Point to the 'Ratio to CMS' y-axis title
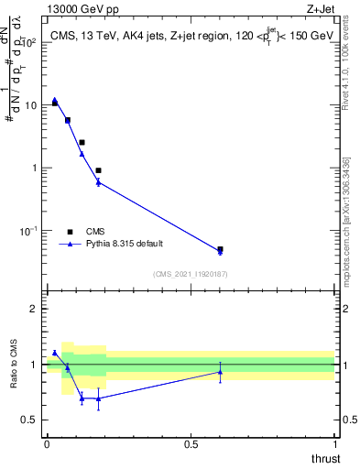click(x=13, y=366)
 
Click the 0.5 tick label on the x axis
click(x=191, y=443)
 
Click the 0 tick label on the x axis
click(x=47, y=443)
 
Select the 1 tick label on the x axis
click(x=335, y=443)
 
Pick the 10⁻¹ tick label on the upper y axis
click(x=27, y=231)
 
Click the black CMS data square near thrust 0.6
click(x=220, y=249)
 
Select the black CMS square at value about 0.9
click(x=98, y=170)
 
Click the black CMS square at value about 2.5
click(x=82, y=142)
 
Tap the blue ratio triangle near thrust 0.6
click(x=220, y=372)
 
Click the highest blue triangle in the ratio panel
click(x=55, y=353)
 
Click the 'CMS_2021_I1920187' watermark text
click(x=191, y=274)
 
